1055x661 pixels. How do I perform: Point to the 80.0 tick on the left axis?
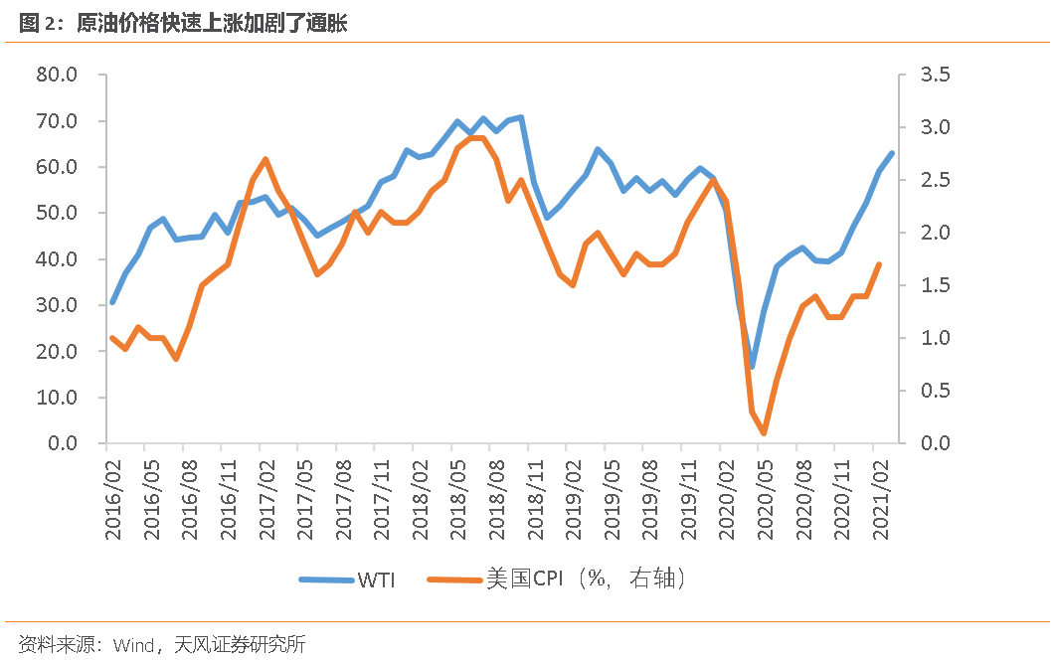(x=57, y=76)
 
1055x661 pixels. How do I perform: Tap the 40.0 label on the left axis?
(x=57, y=259)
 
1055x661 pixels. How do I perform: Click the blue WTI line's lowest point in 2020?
(x=752, y=366)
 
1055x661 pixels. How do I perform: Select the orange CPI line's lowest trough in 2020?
(x=764, y=433)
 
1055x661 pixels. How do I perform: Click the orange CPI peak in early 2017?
(x=265, y=159)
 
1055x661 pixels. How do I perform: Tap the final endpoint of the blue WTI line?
(x=892, y=153)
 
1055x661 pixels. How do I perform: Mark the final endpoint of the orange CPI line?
(x=879, y=264)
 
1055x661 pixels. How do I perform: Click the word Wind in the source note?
(x=132, y=645)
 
